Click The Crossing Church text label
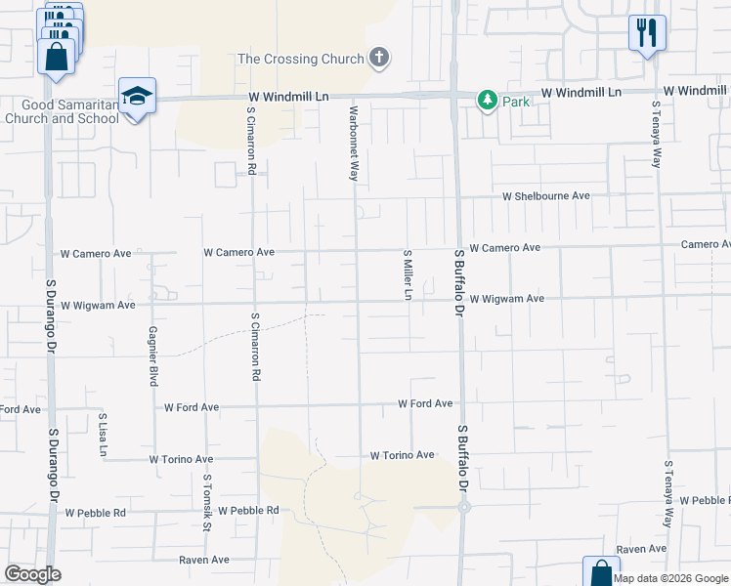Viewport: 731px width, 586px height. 301,59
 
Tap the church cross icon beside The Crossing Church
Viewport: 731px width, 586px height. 379,59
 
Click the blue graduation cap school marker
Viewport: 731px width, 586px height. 137,96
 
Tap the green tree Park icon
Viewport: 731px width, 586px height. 487,100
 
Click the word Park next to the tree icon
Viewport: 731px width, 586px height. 516,101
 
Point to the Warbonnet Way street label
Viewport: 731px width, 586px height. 354,144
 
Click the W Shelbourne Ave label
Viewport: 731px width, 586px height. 546,196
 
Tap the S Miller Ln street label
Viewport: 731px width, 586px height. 408,274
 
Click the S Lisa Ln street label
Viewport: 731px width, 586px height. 102,436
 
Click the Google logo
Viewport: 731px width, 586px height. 33,574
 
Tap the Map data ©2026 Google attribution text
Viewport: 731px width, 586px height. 671,578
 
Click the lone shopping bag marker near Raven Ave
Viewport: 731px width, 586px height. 600,572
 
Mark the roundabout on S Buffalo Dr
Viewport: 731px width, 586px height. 464,507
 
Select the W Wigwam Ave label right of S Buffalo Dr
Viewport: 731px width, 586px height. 506,299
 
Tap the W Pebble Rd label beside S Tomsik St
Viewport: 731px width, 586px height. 248,511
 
